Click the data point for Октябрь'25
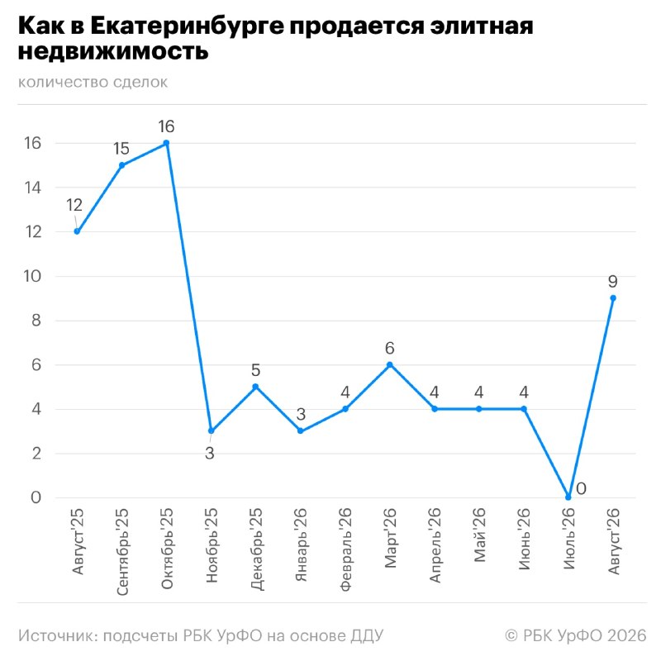tap(166, 143)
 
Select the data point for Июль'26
tap(568, 497)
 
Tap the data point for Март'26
tap(389, 364)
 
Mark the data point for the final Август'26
tap(613, 298)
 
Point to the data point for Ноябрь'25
tap(211, 430)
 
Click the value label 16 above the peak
tap(166, 126)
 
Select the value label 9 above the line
tap(613, 281)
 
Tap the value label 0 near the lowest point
tap(581, 489)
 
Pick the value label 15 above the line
tap(121, 149)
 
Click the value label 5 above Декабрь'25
tap(255, 370)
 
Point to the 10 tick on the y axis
tap(32, 276)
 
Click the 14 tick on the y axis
tap(33, 188)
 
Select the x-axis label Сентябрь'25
tap(121, 552)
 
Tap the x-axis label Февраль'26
tap(345, 549)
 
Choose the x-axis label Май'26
tap(479, 535)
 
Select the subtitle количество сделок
tap(93, 82)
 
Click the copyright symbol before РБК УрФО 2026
tap(511, 635)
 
